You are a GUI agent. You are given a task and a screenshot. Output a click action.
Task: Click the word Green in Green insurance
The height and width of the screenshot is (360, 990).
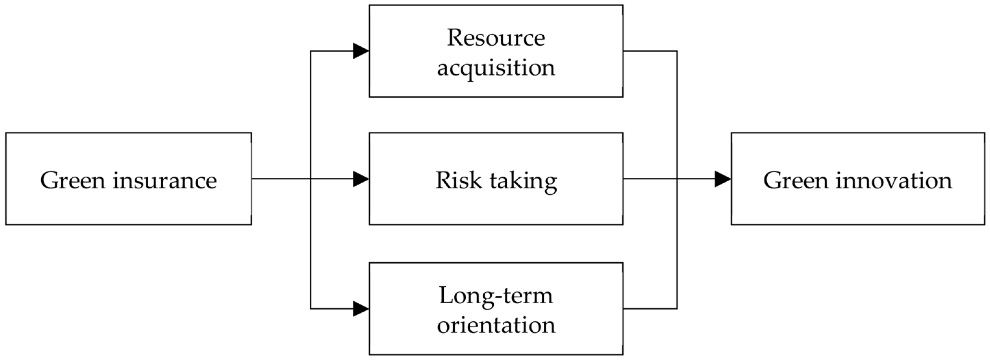tap(73, 181)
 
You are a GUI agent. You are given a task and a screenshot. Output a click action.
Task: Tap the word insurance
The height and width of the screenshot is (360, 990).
tap(165, 181)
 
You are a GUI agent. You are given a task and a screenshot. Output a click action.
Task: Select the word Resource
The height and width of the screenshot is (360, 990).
tap(496, 38)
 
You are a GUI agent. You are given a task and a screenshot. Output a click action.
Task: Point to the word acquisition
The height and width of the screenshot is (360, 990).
tap(496, 68)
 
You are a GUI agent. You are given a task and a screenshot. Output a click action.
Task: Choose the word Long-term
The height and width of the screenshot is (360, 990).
tap(496, 295)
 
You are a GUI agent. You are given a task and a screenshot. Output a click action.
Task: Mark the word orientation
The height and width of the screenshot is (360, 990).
tap(496, 325)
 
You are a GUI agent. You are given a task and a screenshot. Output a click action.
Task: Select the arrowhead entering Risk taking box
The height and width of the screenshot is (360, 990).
tap(361, 179)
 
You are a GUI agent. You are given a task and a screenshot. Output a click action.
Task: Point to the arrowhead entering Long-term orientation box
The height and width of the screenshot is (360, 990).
tap(361, 308)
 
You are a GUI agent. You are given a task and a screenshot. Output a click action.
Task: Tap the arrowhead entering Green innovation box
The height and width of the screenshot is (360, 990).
tap(723, 179)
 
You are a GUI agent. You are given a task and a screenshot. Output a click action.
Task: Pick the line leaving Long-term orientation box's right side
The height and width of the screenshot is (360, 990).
tap(650, 308)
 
